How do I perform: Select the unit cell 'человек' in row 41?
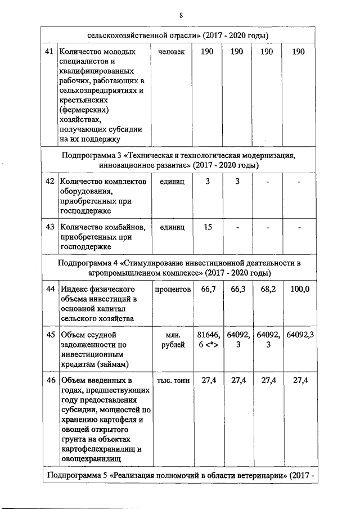(172, 52)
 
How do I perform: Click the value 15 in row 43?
(208, 227)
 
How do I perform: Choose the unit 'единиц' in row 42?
(172, 181)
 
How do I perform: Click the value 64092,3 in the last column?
(299, 335)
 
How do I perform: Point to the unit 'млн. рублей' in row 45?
(172, 340)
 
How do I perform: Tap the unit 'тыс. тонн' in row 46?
(172, 381)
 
